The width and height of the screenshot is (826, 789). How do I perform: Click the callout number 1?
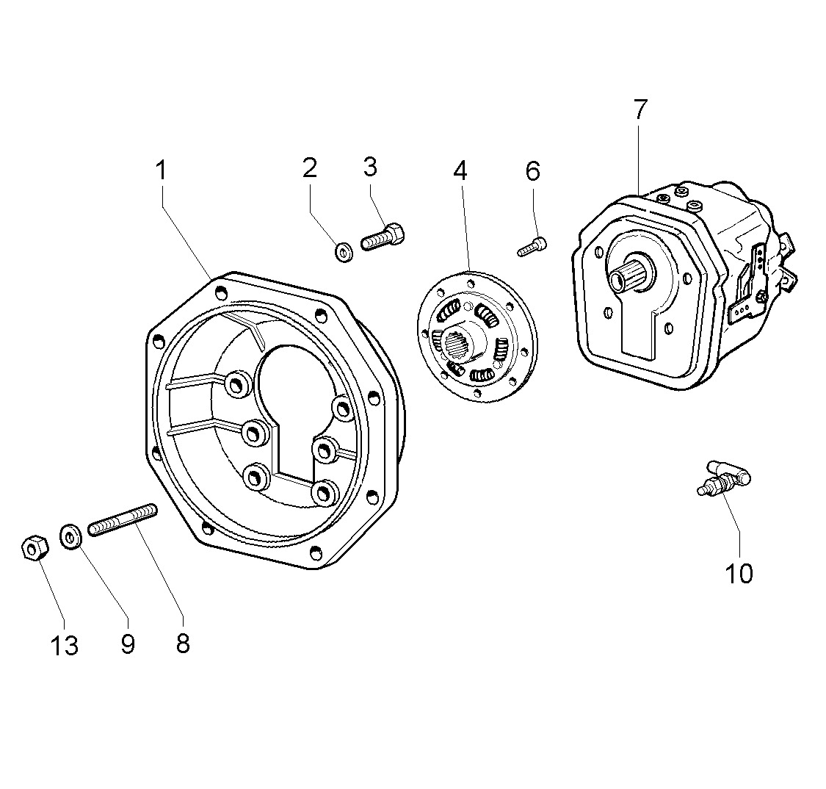[x=160, y=170]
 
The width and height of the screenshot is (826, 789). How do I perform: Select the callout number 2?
[x=310, y=168]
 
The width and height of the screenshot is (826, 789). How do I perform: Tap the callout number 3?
[x=370, y=167]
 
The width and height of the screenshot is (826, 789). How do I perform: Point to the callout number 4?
[x=460, y=170]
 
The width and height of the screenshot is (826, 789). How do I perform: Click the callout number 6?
[x=532, y=171]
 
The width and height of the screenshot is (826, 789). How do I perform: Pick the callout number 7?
[x=640, y=109]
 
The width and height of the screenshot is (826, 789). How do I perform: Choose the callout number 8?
[x=183, y=644]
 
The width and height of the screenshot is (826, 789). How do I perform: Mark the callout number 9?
[x=128, y=644]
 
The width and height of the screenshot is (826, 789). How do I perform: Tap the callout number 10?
[x=739, y=573]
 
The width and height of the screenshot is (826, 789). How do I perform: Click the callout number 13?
[x=65, y=646]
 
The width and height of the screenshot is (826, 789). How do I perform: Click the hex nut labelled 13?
[x=34, y=548]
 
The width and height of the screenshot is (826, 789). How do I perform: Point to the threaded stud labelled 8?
[x=123, y=519]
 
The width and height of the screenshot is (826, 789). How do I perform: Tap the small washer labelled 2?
[x=343, y=253]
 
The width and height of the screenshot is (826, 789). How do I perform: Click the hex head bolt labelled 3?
[x=383, y=237]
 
